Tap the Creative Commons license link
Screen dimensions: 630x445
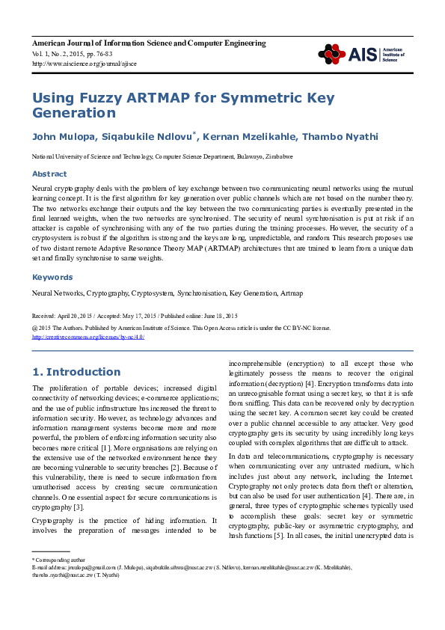tap(88, 337)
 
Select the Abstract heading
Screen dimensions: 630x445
tap(49, 174)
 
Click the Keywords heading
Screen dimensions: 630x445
tap(52, 277)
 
